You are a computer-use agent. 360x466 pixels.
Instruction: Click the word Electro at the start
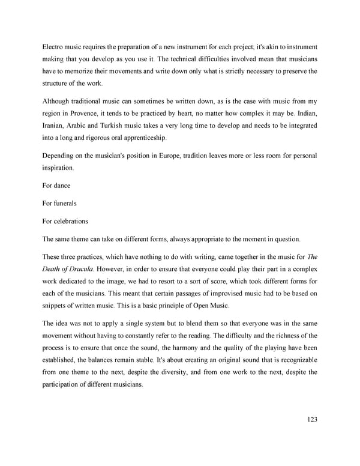point(54,46)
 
